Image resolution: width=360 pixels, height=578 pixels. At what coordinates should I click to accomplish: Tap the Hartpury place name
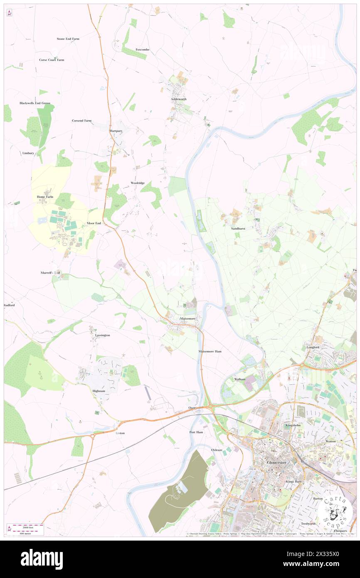point(116,131)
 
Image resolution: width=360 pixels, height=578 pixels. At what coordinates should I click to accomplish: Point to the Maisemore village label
point(187,319)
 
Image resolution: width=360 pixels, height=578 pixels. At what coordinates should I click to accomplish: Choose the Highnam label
point(99,391)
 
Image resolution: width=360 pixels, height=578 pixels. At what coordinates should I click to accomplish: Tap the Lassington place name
point(102,335)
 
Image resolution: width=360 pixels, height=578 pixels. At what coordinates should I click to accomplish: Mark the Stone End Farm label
point(68,39)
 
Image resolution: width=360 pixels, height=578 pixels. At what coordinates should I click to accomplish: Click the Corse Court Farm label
point(52,60)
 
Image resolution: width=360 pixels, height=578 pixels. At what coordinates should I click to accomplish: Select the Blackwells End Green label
point(35,103)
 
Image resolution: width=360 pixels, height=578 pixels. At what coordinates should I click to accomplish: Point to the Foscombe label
point(142,49)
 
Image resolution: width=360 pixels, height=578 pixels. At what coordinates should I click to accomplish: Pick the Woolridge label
point(138,183)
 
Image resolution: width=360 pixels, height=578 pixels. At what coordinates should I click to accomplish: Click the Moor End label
point(94,223)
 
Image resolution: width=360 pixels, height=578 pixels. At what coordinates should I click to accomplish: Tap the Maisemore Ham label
point(210,351)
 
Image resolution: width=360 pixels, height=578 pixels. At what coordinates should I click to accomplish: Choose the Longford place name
point(313,347)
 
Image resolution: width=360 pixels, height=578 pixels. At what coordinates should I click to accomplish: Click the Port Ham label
point(196,432)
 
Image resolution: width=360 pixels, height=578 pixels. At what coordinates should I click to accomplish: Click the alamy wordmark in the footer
point(42,559)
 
